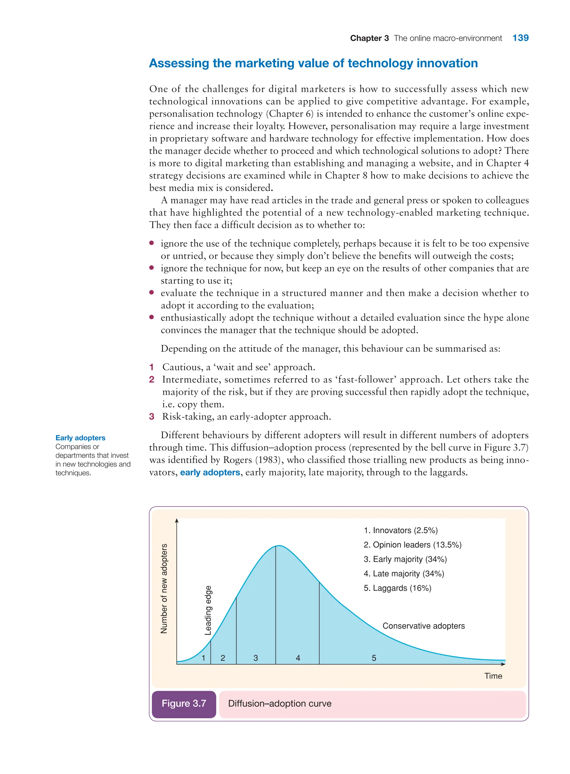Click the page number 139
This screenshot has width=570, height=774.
520,38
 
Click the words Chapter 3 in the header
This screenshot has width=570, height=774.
369,38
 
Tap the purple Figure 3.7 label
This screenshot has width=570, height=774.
184,703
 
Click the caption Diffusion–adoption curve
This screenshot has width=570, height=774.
279,703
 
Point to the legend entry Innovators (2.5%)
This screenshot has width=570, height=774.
401,530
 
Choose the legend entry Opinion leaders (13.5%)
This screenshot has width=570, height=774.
412,545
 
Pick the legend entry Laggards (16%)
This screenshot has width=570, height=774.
397,588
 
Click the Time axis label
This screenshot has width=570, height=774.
493,676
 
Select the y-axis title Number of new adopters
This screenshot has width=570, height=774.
164,588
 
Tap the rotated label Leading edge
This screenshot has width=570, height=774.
208,610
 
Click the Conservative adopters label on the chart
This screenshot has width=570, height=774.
423,626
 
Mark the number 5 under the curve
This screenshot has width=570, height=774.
374,658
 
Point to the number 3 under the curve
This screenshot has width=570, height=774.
256,658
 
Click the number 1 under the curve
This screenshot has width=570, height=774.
203,658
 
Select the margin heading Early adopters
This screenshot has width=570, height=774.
80,438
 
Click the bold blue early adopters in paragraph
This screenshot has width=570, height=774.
210,472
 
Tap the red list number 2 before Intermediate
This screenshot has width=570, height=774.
151,380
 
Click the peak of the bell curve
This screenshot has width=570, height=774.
279,546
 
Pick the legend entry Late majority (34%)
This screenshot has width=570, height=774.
404,573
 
